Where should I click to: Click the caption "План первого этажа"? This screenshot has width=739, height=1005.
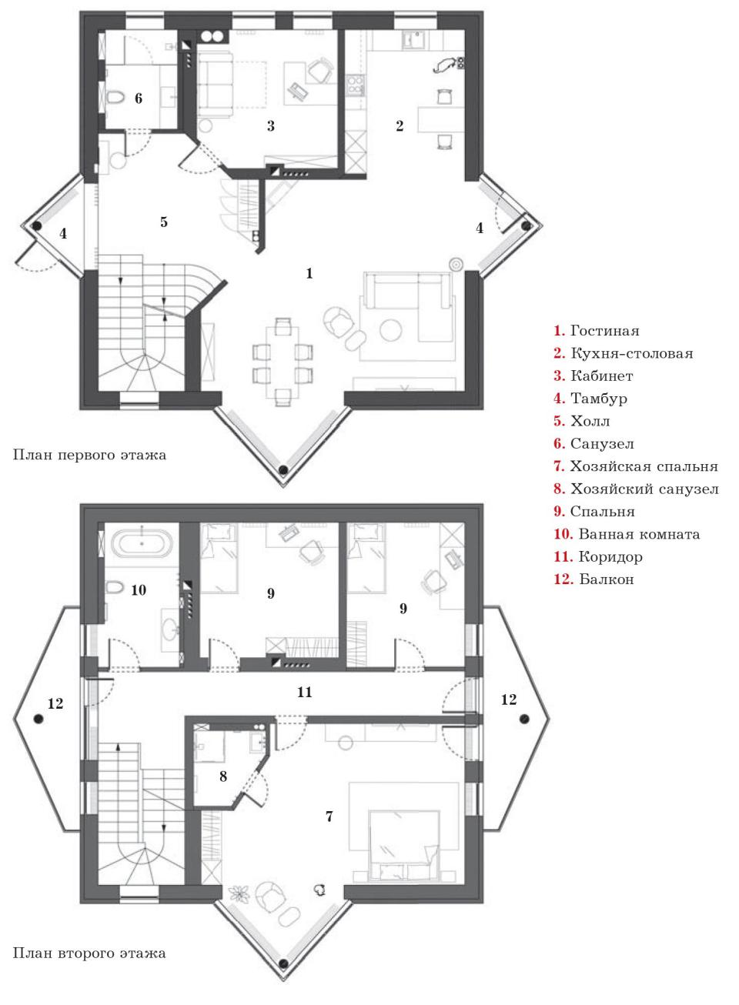coord(89,455)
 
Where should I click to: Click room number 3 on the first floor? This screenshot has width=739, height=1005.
coord(270,126)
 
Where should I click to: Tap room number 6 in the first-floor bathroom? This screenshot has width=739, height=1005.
coord(139,98)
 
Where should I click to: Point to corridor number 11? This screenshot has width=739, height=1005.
coord(304,692)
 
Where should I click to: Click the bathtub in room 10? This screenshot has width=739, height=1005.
coord(142,543)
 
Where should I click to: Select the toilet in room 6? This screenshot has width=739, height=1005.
coord(115,97)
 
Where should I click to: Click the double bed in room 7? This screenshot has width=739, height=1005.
coord(403,845)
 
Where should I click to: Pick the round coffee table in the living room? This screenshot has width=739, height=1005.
coord(391,330)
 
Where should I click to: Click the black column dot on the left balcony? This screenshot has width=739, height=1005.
coord(38,720)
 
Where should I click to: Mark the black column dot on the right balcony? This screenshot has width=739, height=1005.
coord(524,720)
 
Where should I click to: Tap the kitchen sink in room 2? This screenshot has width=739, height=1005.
coord(413,38)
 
